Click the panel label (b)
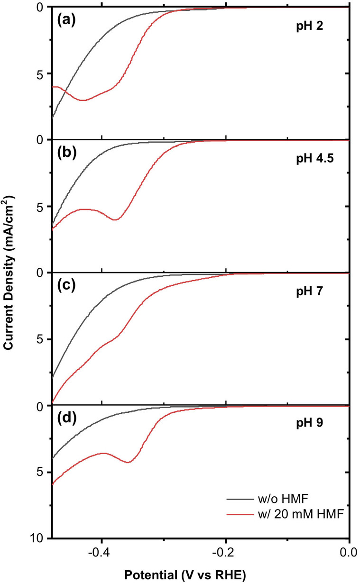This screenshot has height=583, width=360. pos(68,155)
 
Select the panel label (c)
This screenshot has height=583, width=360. pos(68,287)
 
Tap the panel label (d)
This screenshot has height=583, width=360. pos(68,420)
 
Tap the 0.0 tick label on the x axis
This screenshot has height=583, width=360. pos(349,552)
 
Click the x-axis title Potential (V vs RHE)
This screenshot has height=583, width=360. pos(185,574)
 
